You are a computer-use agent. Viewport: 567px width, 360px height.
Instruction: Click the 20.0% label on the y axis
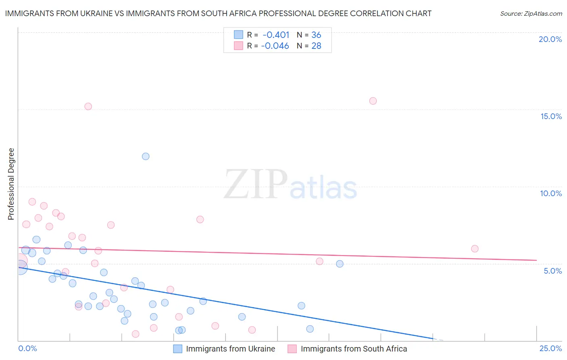pos(550,39)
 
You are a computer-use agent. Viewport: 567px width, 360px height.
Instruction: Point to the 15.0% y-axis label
pos(551,116)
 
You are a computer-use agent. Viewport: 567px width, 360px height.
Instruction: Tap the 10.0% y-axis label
pos(551,193)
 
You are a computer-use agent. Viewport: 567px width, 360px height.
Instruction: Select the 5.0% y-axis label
pos(552,271)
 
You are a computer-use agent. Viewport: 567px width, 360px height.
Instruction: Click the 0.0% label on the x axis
pos(27,348)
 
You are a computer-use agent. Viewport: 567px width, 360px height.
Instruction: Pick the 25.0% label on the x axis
pos(550,348)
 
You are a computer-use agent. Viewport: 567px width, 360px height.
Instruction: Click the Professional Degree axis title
pos(11,184)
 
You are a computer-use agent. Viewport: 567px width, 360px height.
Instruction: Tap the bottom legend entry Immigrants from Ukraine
pos(230,349)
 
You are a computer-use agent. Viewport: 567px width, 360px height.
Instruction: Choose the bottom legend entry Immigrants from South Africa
pos(354,349)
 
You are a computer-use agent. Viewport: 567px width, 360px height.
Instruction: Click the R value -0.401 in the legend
pos(276,35)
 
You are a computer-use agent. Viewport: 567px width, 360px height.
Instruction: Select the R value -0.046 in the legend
pos(275,46)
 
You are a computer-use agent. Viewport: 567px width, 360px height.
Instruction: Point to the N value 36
pos(316,35)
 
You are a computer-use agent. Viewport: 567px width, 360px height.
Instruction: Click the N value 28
pos(316,46)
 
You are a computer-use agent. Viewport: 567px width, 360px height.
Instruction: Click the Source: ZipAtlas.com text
pos(531,14)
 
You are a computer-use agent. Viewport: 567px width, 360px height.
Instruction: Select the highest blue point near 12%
pos(146,156)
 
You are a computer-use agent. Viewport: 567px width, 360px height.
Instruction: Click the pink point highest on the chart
pos(373,101)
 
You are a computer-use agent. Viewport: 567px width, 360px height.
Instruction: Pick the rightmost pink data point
pos(475,249)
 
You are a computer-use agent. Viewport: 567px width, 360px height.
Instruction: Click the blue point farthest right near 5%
pos(340,264)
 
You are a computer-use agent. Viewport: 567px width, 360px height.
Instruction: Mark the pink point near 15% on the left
pos(88,107)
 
